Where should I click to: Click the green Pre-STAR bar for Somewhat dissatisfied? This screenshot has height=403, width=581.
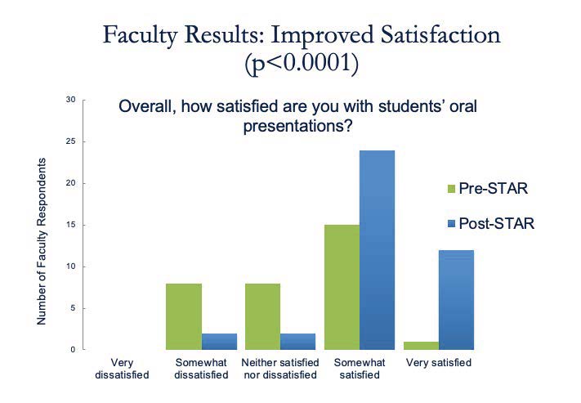(184, 316)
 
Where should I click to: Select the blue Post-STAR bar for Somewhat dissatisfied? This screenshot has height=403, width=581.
(219, 341)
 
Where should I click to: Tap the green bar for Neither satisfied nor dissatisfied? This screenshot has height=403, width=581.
(263, 316)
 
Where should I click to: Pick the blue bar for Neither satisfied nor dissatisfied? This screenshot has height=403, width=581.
(298, 341)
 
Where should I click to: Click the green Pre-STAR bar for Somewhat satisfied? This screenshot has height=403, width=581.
(342, 287)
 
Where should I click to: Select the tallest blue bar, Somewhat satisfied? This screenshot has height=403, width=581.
(377, 249)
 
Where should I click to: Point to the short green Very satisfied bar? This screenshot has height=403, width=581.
(421, 345)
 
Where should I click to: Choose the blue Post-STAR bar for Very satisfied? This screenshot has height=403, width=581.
(456, 299)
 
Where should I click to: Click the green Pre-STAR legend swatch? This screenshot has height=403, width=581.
(451, 189)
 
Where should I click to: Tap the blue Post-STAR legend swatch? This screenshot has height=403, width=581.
(451, 222)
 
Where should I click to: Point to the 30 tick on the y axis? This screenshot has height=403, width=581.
(70, 100)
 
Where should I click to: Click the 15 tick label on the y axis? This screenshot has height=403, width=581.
(70, 225)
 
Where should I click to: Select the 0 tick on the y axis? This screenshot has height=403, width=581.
(73, 350)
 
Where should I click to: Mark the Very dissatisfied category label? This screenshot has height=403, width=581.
(120, 369)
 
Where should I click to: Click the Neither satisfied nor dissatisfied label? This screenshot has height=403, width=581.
(279, 369)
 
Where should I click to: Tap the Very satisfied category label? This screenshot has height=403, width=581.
(439, 362)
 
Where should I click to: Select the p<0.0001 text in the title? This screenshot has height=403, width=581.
(302, 65)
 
